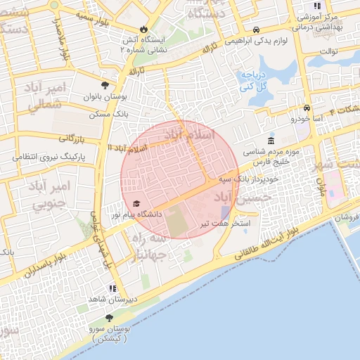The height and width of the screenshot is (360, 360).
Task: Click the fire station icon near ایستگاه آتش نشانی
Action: (x=144, y=30)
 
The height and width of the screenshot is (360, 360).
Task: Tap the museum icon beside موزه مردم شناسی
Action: (x=271, y=141)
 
